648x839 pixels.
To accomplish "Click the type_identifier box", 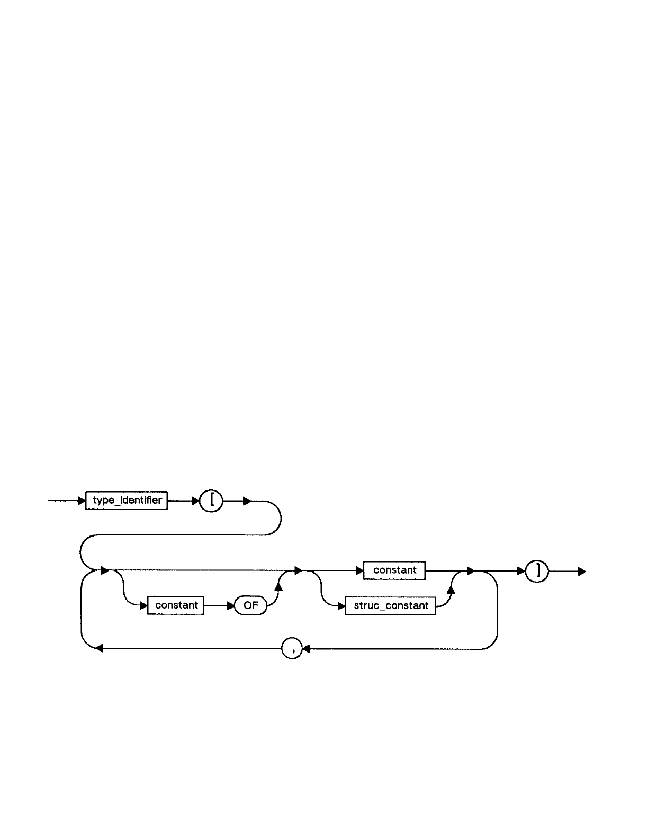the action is click(127, 501).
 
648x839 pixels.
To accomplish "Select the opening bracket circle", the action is click(211, 501).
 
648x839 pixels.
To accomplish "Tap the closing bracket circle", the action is click(537, 571).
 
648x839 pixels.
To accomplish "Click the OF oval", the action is click(250, 605).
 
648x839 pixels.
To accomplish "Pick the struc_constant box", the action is click(390, 605).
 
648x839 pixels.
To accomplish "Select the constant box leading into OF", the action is click(176, 605).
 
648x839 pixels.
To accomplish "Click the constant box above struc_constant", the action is click(394, 570).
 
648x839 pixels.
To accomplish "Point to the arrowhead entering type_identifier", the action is click(82, 501).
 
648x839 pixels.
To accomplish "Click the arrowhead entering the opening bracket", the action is click(196, 501).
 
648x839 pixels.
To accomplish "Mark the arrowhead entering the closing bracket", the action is click(521, 571).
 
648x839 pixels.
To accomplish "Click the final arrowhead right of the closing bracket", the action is click(581, 572).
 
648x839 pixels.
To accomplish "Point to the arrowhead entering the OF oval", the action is click(230, 605).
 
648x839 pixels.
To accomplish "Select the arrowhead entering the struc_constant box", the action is click(341, 605).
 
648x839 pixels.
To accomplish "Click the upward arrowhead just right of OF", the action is click(278, 584).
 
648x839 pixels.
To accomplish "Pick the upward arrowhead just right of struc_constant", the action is click(451, 590).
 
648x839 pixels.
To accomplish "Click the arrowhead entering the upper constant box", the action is click(359, 571).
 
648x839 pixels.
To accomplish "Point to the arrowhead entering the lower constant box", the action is click(143, 605).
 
